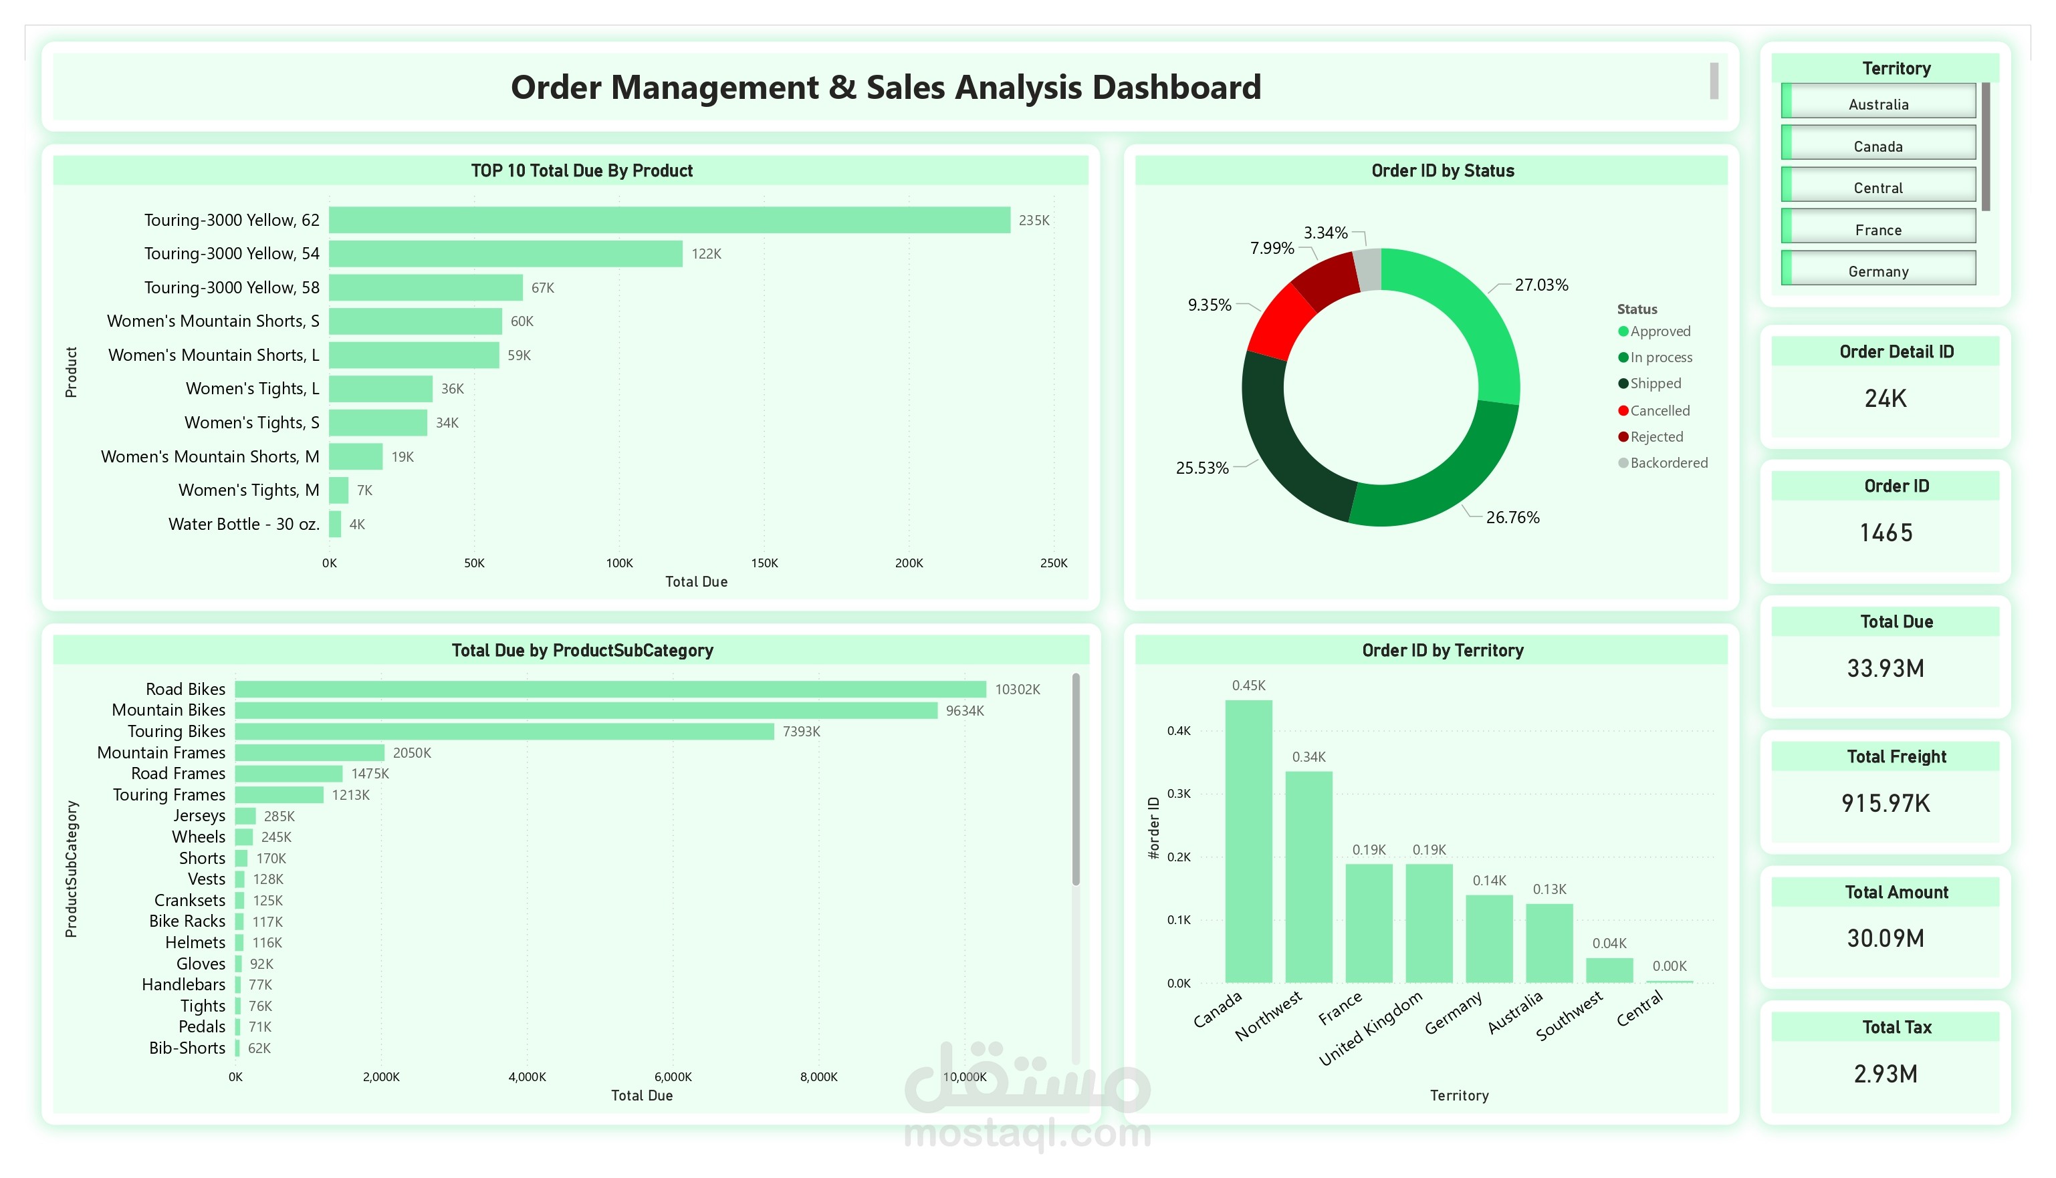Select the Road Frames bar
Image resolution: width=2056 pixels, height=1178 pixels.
tap(288, 774)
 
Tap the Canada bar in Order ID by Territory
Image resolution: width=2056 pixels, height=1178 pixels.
tap(1248, 841)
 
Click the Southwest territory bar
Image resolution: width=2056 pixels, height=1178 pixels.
tap(1609, 970)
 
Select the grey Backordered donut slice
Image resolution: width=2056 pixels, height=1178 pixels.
tap(1368, 269)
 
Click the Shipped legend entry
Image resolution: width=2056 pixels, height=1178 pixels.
tap(1655, 384)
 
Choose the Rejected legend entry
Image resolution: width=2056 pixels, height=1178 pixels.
tap(1655, 437)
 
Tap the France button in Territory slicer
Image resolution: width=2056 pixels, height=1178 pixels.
tap(1878, 230)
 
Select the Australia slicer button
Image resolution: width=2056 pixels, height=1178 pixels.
tap(1878, 104)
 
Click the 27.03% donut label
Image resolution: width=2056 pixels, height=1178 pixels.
tap(1540, 285)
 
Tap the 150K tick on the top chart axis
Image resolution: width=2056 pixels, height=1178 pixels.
tap(764, 563)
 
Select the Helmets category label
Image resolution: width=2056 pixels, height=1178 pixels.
tap(195, 943)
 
